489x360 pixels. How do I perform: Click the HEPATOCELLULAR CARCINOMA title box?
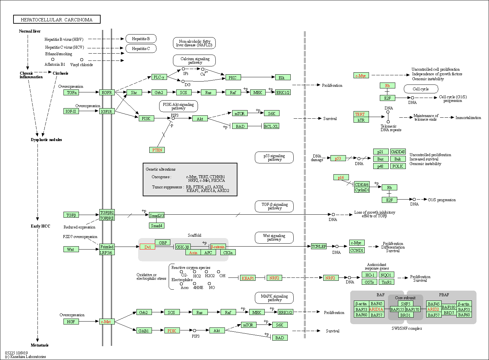pos(57,20)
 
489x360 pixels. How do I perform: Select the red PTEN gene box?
pos(157,150)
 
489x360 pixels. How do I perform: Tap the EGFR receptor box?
pos(107,93)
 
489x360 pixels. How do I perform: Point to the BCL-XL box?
pos(271,126)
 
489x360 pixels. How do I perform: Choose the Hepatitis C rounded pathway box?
pos(141,49)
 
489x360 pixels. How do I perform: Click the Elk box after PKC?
pos(282,78)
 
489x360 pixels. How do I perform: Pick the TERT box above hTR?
pos(361,114)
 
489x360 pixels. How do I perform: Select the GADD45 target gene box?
pos(398,152)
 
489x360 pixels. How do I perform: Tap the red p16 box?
pos(341,178)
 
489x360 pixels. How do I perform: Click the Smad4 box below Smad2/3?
pos(157,226)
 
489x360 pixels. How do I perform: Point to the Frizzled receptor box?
pos(107,247)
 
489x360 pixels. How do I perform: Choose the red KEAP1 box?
pos(248,278)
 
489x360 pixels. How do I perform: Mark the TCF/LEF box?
pos(319,246)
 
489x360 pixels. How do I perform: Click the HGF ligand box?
pos(71,322)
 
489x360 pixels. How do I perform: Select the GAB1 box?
pos(144,331)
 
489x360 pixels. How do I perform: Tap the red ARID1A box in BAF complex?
pos(376,309)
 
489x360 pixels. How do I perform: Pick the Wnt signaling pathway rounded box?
pos(274,238)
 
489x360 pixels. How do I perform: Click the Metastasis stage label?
pos(39,345)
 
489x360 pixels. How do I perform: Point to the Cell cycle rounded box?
pos(421,89)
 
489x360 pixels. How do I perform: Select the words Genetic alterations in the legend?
pos(160,169)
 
